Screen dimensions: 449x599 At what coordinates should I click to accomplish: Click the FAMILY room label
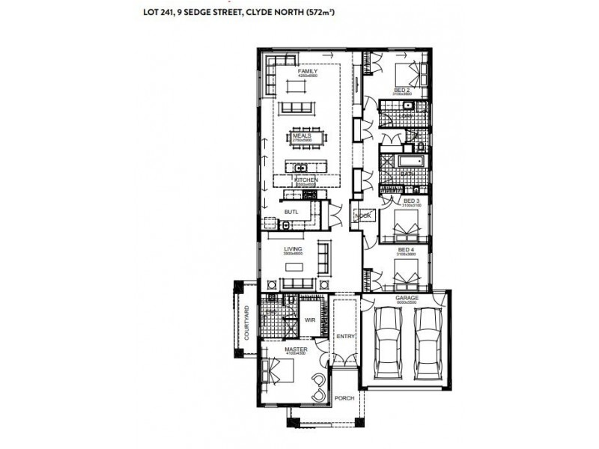(308, 71)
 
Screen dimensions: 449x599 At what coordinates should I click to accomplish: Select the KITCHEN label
(307, 180)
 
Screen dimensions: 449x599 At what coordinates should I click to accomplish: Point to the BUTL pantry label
(291, 213)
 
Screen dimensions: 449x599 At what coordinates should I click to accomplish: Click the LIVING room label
(292, 250)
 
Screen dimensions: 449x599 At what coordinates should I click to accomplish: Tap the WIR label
(310, 320)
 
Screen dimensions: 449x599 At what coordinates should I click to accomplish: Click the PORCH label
(344, 398)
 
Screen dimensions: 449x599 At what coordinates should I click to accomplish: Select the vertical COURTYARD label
(246, 324)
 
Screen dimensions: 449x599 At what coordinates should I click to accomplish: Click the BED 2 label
(402, 90)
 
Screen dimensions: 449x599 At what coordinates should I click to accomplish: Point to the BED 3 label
(411, 201)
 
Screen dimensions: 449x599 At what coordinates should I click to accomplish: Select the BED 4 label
(406, 249)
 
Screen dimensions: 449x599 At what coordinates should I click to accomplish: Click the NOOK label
(364, 216)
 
